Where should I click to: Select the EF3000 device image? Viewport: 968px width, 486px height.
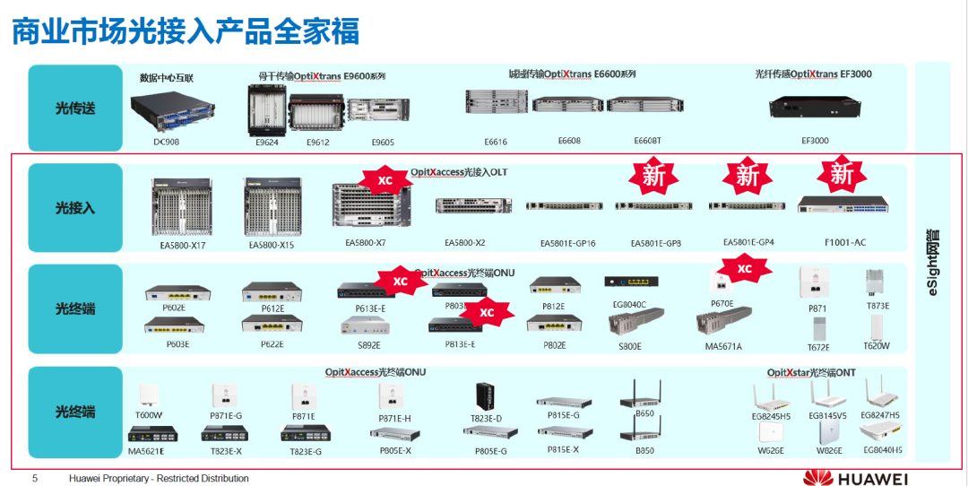coord(815,108)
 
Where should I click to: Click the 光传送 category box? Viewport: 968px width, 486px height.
coord(75,108)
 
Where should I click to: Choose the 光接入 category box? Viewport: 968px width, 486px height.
coord(75,208)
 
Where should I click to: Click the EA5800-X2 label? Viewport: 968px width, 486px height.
coord(464,243)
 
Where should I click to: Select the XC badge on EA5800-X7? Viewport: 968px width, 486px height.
coord(385,180)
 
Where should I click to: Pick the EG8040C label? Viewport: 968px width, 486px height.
coord(629,305)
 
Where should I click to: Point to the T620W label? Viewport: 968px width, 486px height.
coord(876,345)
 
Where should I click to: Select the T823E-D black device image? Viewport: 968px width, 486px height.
coord(485,396)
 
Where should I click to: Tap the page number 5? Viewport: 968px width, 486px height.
coord(35,478)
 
